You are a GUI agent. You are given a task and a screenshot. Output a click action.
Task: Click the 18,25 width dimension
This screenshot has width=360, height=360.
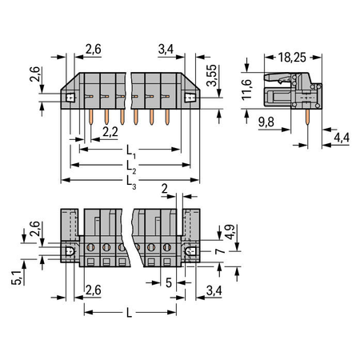pos(292,58)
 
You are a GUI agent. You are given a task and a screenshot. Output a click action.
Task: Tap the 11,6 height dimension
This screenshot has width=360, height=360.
pos(246,90)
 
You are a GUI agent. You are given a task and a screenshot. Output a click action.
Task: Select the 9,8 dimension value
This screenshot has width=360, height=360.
pos(266,122)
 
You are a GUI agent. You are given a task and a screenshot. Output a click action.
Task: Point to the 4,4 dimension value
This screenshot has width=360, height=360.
pos(342,138)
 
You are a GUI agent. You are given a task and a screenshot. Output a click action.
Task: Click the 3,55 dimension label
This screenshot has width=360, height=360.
pos(212,75)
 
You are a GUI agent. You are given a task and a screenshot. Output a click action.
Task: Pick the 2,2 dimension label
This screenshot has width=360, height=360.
pos(110,132)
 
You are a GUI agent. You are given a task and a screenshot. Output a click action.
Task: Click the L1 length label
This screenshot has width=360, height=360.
pos(131,152)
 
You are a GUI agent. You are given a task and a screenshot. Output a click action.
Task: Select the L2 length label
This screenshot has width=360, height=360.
pos(131,167)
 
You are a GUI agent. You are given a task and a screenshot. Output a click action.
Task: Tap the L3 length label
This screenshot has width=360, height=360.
pos(131,182)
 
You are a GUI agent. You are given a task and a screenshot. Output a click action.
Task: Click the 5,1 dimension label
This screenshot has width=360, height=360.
pos(17,278)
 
